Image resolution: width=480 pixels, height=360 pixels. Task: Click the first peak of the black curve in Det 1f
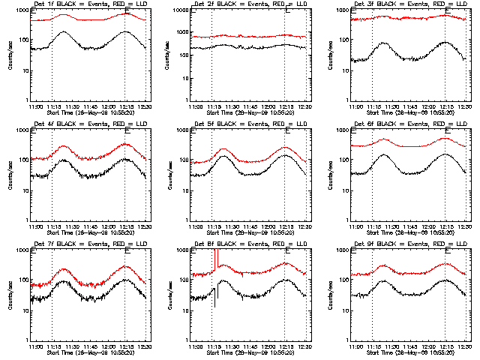click(x=66, y=32)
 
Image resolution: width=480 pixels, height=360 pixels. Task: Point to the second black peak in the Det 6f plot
click(x=445, y=154)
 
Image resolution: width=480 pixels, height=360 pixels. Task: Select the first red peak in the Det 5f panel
click(x=223, y=149)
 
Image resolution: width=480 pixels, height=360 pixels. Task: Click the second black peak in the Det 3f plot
click(x=445, y=43)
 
